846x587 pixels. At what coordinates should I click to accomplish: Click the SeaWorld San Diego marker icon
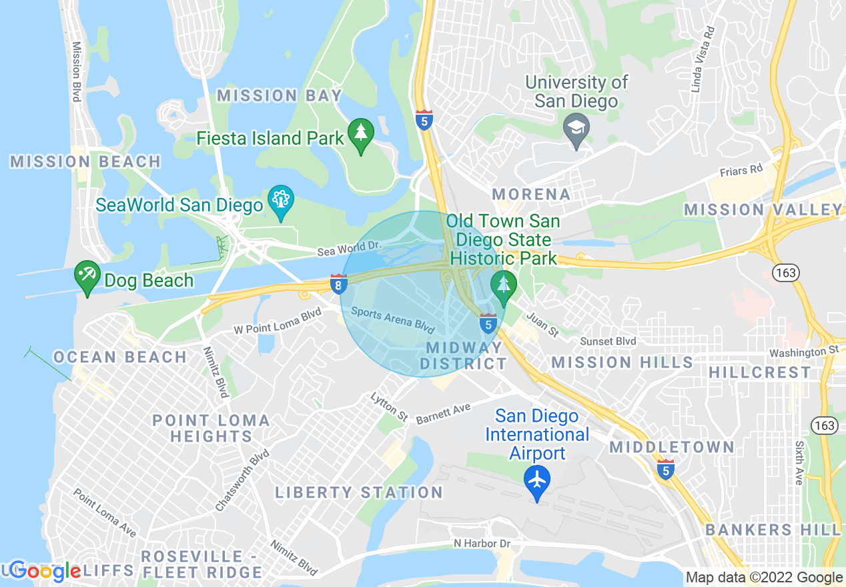(x=281, y=200)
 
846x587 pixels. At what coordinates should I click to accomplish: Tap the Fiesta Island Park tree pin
(x=361, y=133)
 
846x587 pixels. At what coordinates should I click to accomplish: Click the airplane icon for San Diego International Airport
(x=537, y=480)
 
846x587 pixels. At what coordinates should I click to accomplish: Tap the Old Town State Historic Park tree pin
(x=504, y=284)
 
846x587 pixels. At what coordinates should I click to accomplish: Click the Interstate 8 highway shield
(x=338, y=285)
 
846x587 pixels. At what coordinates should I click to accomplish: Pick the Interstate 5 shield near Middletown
(x=665, y=469)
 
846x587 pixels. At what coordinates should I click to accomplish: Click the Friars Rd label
(x=741, y=171)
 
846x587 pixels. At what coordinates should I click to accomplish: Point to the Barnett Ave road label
(x=443, y=414)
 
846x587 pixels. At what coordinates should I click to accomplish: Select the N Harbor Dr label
(x=482, y=544)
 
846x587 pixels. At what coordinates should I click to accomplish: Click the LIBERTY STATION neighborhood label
(x=359, y=492)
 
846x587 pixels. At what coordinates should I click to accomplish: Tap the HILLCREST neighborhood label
(x=760, y=372)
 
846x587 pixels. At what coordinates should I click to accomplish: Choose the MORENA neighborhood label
(x=531, y=194)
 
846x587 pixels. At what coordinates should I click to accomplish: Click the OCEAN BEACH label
(x=120, y=357)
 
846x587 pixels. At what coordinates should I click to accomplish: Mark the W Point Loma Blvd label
(x=278, y=321)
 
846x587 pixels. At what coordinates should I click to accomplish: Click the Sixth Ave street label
(x=799, y=462)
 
